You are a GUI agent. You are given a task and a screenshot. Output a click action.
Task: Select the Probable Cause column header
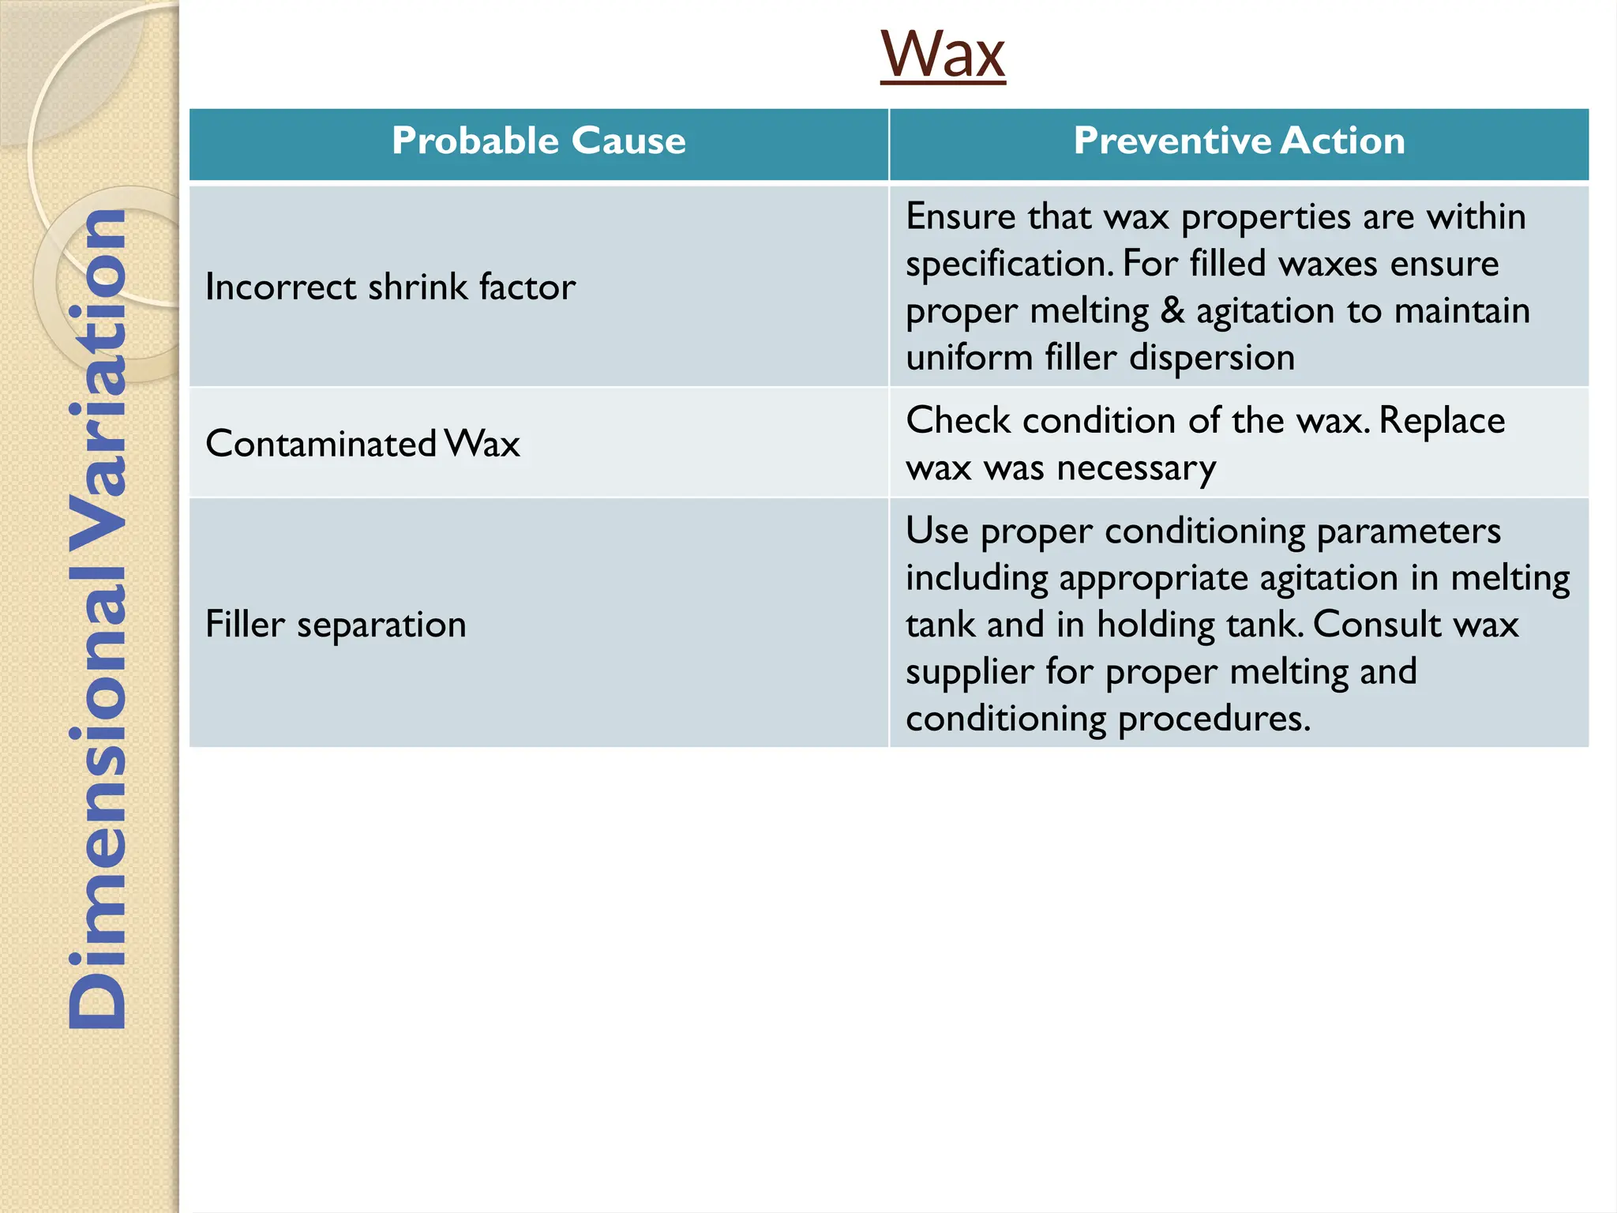click(538, 141)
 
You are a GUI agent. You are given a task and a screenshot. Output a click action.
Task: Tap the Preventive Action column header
click(1239, 141)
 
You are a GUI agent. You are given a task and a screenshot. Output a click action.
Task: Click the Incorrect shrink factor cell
click(390, 287)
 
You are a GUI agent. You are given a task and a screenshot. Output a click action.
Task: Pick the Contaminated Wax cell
click(362, 444)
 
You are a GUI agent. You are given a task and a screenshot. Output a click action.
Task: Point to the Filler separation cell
click(336, 625)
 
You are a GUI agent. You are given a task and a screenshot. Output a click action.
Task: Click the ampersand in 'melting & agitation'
click(1172, 310)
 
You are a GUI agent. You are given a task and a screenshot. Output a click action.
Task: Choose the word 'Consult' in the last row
click(1377, 625)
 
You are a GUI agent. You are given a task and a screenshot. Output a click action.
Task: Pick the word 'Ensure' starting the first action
click(960, 216)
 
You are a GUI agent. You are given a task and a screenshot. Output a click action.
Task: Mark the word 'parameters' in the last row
click(1409, 531)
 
